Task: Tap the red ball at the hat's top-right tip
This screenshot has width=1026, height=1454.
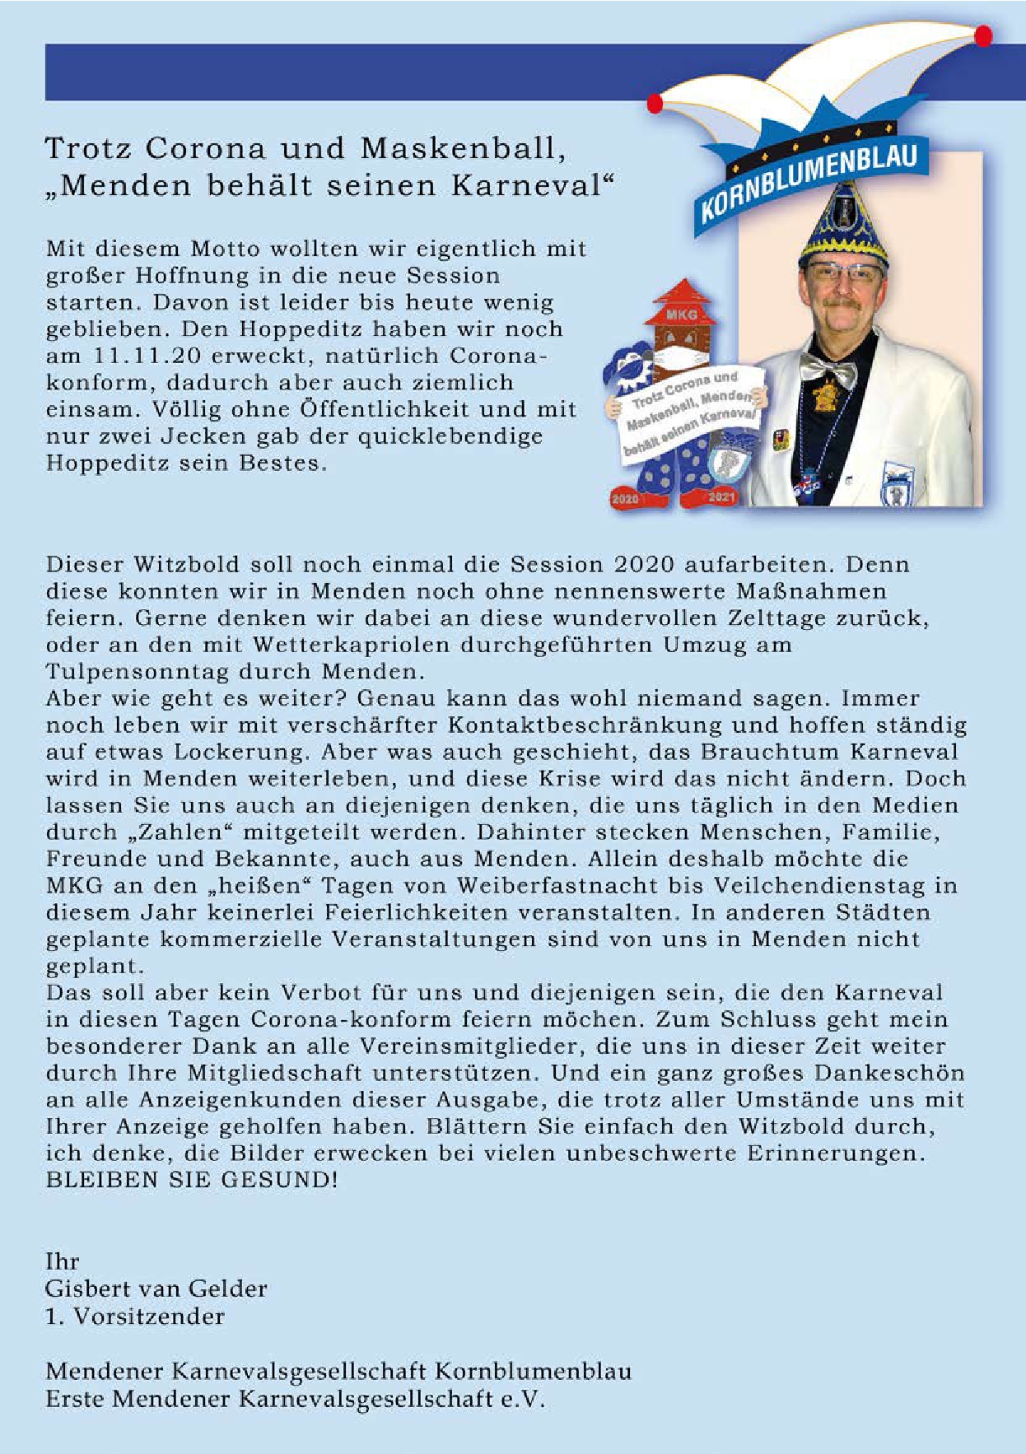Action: click(983, 35)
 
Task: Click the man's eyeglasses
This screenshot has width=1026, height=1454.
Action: click(842, 273)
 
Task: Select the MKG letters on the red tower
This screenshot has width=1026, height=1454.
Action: click(681, 315)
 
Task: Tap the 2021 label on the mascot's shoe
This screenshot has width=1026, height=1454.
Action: click(721, 497)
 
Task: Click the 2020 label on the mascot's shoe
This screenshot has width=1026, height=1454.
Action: click(626, 498)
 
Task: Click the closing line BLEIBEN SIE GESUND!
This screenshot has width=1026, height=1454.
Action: click(191, 1180)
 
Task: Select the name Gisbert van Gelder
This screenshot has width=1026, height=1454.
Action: click(156, 1289)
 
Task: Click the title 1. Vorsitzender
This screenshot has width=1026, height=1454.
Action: click(135, 1316)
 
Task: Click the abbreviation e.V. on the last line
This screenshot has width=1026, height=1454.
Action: click(524, 1398)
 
